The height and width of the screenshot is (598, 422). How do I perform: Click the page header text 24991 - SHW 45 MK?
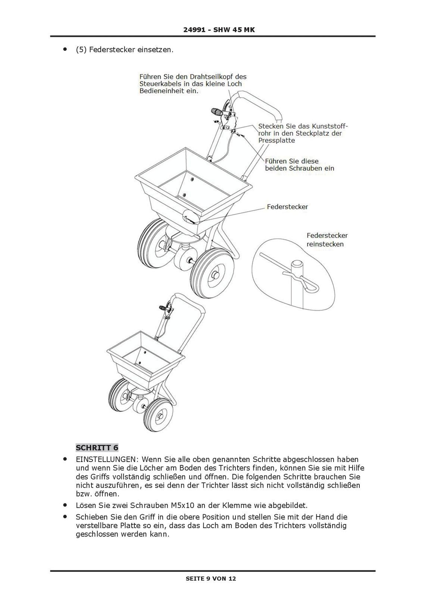[219, 30]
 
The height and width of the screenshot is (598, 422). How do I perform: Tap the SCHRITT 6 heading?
[97, 447]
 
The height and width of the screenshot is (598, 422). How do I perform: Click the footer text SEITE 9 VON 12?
[211, 579]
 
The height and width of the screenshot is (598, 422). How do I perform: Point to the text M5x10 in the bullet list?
[182, 505]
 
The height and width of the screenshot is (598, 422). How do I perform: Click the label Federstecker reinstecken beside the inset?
[327, 240]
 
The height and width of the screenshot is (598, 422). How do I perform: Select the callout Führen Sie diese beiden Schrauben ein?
[299, 164]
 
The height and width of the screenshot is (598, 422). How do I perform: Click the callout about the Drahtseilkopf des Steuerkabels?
[193, 83]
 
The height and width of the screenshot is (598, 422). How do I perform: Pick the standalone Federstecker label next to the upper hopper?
[287, 207]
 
